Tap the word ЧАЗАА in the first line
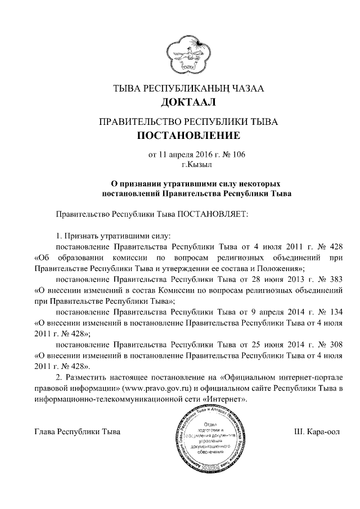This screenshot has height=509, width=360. coord(244,88)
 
